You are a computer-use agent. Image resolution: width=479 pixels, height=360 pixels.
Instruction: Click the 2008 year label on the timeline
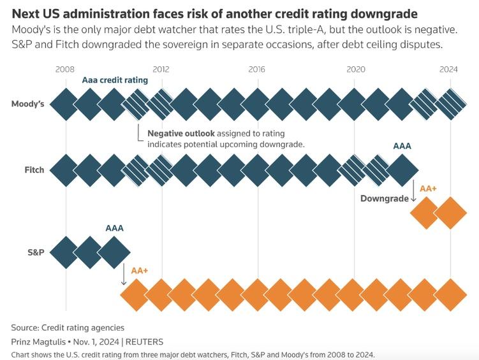(x=65, y=69)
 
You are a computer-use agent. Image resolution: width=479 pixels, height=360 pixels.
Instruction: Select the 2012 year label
(x=161, y=69)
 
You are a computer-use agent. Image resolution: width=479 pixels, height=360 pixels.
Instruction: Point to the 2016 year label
(x=257, y=69)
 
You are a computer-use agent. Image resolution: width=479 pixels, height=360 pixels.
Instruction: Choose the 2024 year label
(x=449, y=69)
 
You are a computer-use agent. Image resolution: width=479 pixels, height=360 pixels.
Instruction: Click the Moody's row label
(x=28, y=104)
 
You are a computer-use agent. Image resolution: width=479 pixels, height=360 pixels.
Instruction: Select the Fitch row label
(x=34, y=170)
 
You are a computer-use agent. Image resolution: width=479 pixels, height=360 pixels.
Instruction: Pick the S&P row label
(x=36, y=252)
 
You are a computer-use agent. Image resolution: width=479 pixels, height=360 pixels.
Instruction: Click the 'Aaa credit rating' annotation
(x=115, y=81)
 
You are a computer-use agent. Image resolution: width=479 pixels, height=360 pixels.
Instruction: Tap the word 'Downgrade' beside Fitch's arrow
(x=384, y=198)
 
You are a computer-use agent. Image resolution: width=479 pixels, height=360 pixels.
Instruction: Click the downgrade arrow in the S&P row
(x=123, y=273)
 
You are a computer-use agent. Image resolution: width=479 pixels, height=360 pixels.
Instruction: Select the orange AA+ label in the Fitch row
(x=428, y=189)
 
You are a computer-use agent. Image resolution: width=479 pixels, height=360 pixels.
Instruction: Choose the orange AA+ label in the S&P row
(x=139, y=270)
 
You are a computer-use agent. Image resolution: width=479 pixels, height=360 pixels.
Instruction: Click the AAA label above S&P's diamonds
(x=115, y=227)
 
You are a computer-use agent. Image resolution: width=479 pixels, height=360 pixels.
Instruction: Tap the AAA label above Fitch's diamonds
(x=402, y=146)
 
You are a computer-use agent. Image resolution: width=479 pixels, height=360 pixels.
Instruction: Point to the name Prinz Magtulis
(x=38, y=342)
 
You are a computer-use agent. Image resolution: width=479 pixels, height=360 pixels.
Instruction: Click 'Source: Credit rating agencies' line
(x=68, y=328)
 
